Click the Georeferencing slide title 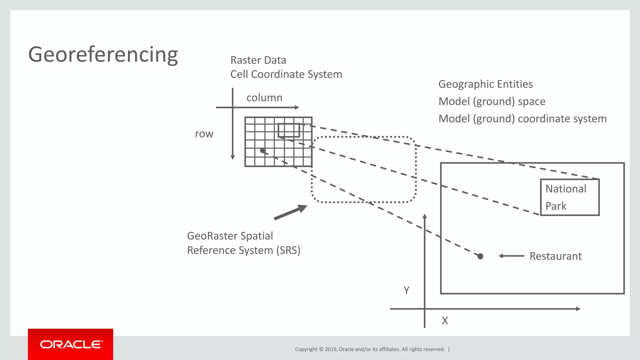click(x=103, y=54)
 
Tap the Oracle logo click(x=71, y=344)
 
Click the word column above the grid click(x=264, y=98)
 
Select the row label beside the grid click(x=204, y=134)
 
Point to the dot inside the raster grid click(x=263, y=151)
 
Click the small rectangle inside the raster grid click(x=289, y=130)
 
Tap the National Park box click(x=570, y=197)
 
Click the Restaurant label click(x=555, y=256)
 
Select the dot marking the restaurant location click(x=480, y=256)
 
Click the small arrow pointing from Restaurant click(x=511, y=256)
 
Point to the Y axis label click(x=406, y=291)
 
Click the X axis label click(x=445, y=321)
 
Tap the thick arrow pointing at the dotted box click(x=290, y=212)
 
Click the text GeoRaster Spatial click(x=230, y=236)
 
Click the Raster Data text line click(x=258, y=60)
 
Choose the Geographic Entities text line click(x=485, y=84)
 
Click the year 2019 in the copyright click(x=330, y=349)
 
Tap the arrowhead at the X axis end click(x=578, y=309)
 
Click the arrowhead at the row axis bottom click(x=232, y=157)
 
